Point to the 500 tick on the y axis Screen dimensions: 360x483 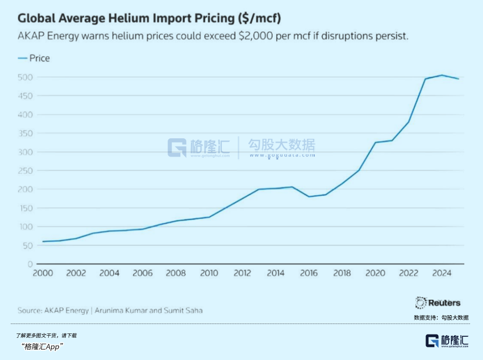tap(26, 77)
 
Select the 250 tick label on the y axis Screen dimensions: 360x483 tap(26, 170)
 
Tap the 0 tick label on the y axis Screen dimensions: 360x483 tap(30, 264)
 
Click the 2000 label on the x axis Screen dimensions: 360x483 tap(43, 273)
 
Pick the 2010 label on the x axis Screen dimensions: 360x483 tap(209, 273)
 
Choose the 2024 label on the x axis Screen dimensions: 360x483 tap(442, 273)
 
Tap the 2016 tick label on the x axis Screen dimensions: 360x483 tap(309, 273)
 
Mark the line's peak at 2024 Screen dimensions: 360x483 tap(442, 75)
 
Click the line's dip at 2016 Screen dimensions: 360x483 tap(309, 196)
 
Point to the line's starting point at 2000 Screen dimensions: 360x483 tap(43, 241)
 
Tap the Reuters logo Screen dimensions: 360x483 tap(438, 302)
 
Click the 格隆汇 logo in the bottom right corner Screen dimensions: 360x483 tap(446, 340)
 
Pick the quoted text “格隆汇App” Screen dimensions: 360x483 tap(42, 346)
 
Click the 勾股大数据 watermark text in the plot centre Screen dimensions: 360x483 tap(282, 145)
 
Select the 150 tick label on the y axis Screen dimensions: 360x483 tap(26, 208)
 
